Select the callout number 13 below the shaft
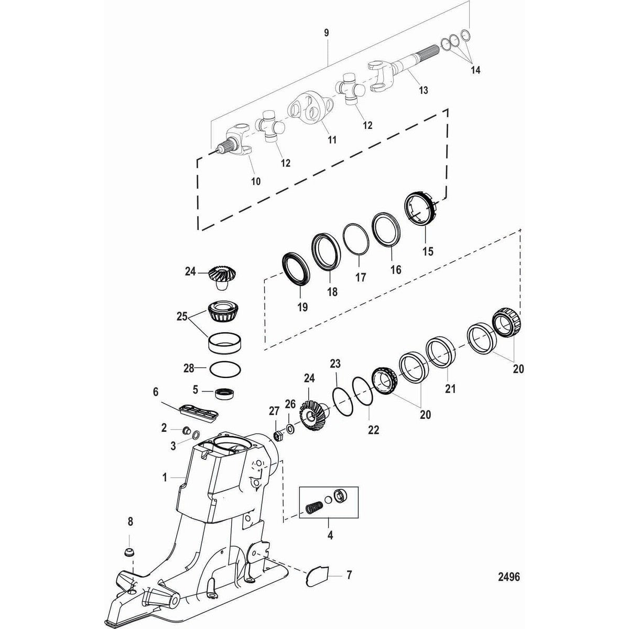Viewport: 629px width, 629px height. pos(422,90)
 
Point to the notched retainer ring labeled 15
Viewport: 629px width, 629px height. pos(422,210)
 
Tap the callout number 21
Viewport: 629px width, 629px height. pos(450,389)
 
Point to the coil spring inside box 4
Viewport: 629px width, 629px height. pos(314,508)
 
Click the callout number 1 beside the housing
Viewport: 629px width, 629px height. pos(165,478)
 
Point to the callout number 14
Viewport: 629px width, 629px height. pos(475,69)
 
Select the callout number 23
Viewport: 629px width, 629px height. pos(335,363)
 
